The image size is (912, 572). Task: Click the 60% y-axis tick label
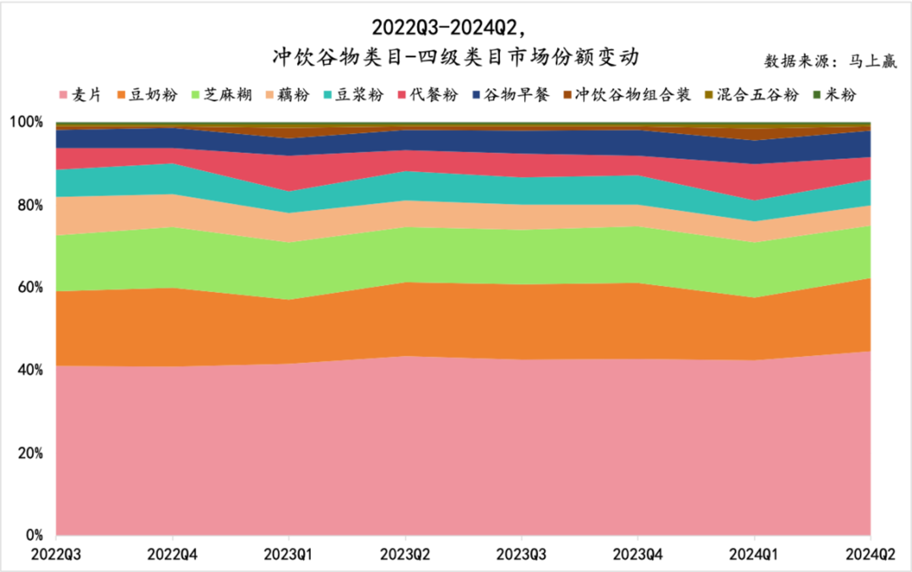pyautogui.click(x=30, y=287)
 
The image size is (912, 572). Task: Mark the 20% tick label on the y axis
pyautogui.click(x=30, y=453)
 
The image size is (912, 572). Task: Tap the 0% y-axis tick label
pyautogui.click(x=34, y=536)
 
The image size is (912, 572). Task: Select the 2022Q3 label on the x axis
pyautogui.click(x=57, y=554)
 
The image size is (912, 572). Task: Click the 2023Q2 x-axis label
pyautogui.click(x=405, y=554)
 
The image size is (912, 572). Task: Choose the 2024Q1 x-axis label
pyautogui.click(x=754, y=554)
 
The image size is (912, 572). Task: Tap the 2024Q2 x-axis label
pyautogui.click(x=870, y=554)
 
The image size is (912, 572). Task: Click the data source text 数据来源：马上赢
pyautogui.click(x=831, y=61)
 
